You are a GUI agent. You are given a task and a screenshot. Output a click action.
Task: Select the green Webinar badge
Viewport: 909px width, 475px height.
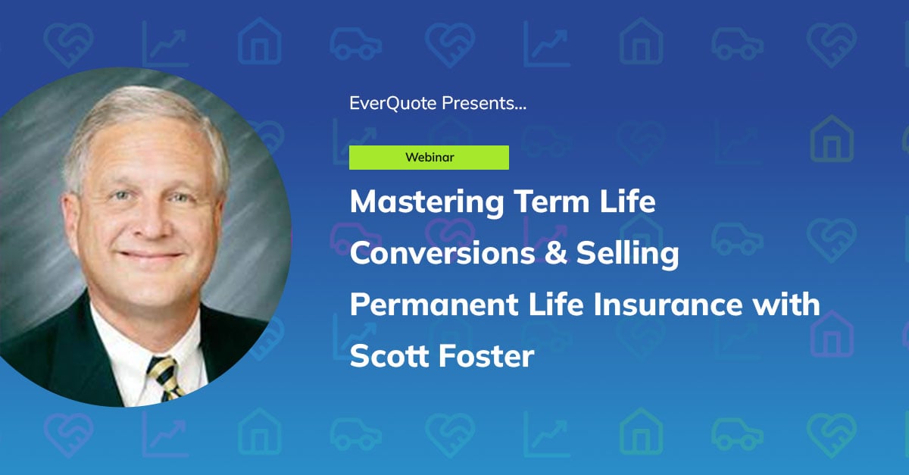pos(429,158)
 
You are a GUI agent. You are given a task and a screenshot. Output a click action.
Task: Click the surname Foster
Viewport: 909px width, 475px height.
pos(489,355)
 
